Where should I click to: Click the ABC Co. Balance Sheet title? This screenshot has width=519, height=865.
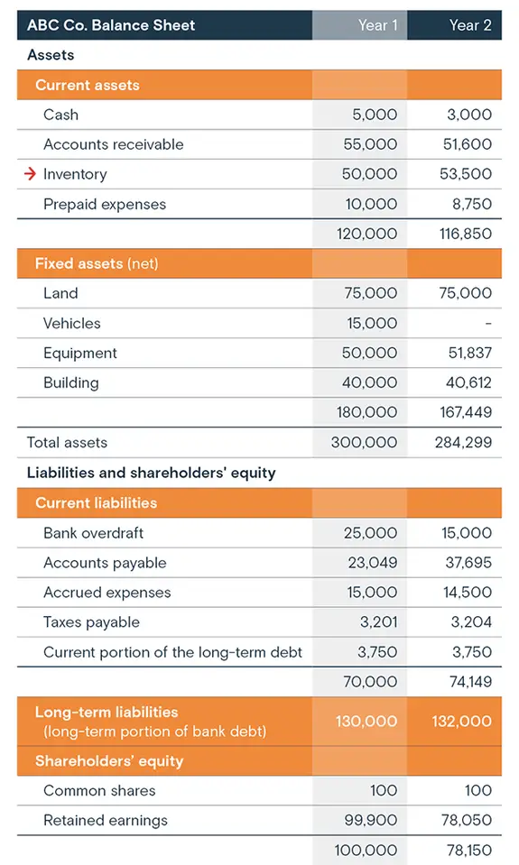[x=111, y=25]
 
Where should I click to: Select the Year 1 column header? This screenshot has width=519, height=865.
[x=377, y=25]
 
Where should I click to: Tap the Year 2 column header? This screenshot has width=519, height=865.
[x=470, y=25]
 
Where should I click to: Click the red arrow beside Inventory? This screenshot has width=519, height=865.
[x=31, y=174]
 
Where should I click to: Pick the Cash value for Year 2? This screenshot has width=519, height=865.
[x=469, y=115]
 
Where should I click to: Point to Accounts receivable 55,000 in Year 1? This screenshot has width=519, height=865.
[x=370, y=144]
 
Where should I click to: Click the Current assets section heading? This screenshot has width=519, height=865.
[x=88, y=85]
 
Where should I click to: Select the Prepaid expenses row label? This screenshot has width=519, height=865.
[x=105, y=204]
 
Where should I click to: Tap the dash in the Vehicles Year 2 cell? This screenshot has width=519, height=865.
[x=488, y=323]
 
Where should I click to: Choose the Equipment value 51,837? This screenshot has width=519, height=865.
[x=469, y=353]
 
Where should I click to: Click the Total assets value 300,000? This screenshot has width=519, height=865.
[x=367, y=442]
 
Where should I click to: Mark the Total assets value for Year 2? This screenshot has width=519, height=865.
[x=463, y=442]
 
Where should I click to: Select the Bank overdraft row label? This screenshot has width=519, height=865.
[x=93, y=533]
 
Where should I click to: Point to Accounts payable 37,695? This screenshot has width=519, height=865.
[x=468, y=563]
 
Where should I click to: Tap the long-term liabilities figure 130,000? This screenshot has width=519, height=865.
[x=367, y=721]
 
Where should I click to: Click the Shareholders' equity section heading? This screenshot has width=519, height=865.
[x=109, y=761]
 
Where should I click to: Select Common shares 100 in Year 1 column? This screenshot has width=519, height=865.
[x=384, y=790]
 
